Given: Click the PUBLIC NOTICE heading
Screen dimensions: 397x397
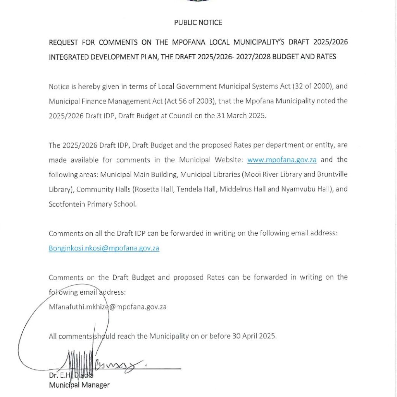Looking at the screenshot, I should (x=198, y=22).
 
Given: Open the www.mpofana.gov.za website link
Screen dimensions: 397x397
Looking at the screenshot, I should (x=281, y=160).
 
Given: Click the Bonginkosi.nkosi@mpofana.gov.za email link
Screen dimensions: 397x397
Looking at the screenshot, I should (x=104, y=248).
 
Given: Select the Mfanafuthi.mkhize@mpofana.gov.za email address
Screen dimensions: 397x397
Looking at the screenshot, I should (x=107, y=307).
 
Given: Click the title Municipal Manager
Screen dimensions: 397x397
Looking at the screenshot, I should (x=79, y=385).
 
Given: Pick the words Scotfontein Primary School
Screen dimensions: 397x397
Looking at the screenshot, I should (x=92, y=204).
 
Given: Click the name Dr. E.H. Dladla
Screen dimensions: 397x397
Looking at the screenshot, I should (x=71, y=375).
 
